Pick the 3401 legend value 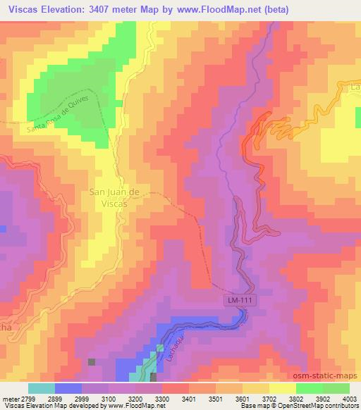[190, 398]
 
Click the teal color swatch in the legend [42, 387]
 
